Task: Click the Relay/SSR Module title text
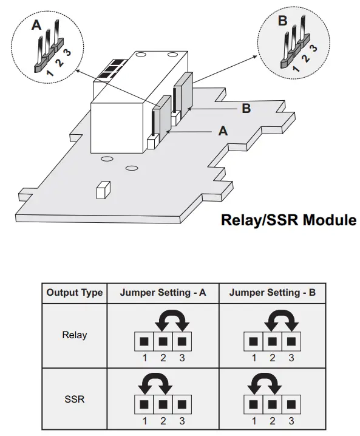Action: pyautogui.click(x=288, y=220)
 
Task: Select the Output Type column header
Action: pyautogui.click(x=75, y=293)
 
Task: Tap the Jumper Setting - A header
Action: pyautogui.click(x=163, y=293)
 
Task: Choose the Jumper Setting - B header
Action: pyautogui.click(x=272, y=293)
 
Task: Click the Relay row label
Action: pyautogui.click(x=75, y=335)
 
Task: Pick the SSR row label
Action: pyautogui.click(x=75, y=400)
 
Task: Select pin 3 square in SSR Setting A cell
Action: pyautogui.click(x=182, y=403)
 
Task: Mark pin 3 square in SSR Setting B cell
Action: pyautogui.click(x=291, y=403)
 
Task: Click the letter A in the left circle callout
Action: pyautogui.click(x=37, y=26)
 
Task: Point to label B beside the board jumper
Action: pyautogui.click(x=246, y=109)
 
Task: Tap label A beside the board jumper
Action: pyautogui.click(x=222, y=131)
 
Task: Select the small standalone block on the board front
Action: pyautogui.click(x=101, y=190)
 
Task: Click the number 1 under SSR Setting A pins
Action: pyautogui.click(x=145, y=420)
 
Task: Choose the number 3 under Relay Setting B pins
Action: pyautogui.click(x=291, y=358)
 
